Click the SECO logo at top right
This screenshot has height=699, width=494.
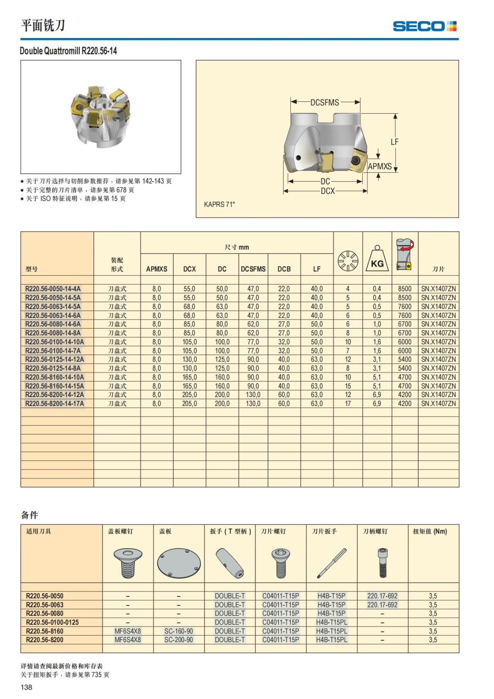424,26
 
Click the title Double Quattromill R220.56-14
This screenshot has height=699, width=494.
68,51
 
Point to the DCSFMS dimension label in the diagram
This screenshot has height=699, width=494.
325,102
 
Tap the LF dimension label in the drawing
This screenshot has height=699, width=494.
394,142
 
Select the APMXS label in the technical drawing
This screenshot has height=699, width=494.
380,166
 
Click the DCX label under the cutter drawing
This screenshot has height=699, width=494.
328,191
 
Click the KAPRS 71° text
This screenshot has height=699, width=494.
219,204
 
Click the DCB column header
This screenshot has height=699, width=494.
284,269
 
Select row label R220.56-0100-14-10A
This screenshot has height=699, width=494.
54,342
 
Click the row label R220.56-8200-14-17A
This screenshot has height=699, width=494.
54,404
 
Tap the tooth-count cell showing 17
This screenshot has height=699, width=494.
348,404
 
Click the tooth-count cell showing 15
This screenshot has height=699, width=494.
348,386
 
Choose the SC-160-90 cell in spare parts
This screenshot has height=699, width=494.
179,631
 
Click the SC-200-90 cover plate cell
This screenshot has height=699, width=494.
179,640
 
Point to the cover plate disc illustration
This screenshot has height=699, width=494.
179,563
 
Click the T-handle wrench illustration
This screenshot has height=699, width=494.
230,563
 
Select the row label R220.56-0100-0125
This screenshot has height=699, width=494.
52,622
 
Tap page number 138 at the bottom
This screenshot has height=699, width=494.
26,687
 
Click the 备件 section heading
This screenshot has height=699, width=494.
30,515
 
